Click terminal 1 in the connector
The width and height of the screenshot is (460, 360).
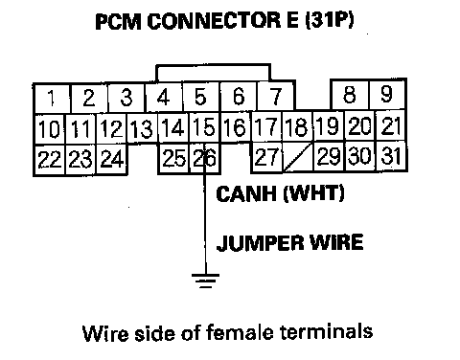[52, 99]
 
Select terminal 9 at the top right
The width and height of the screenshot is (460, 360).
[387, 95]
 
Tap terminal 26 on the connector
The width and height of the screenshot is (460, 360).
[204, 158]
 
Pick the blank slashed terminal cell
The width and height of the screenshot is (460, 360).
[297, 157]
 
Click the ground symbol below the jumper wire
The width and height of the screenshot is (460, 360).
[205, 281]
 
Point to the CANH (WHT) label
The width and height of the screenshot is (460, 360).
[280, 193]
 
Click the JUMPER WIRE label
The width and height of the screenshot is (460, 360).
[289, 243]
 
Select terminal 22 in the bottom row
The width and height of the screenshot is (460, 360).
[50, 160]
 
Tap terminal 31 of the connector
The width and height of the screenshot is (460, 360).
[391, 156]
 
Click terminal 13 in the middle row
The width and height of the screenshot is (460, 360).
[142, 128]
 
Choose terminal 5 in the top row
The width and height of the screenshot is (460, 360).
[201, 97]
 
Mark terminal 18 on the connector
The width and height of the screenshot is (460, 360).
[297, 126]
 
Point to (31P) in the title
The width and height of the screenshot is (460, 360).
[330, 20]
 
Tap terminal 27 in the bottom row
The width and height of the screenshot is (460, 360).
[266, 157]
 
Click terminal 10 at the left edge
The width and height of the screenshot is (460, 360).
[50, 129]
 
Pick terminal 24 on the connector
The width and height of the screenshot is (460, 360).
[112, 159]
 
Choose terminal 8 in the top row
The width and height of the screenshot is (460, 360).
[350, 95]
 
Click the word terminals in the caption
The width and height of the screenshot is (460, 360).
[327, 332]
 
